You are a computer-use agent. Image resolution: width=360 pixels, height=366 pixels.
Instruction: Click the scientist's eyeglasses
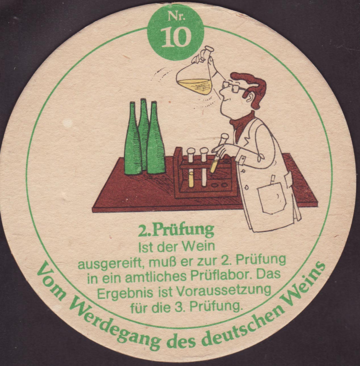[233, 87]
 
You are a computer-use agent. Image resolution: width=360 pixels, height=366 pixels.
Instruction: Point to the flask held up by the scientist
[195, 76]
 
